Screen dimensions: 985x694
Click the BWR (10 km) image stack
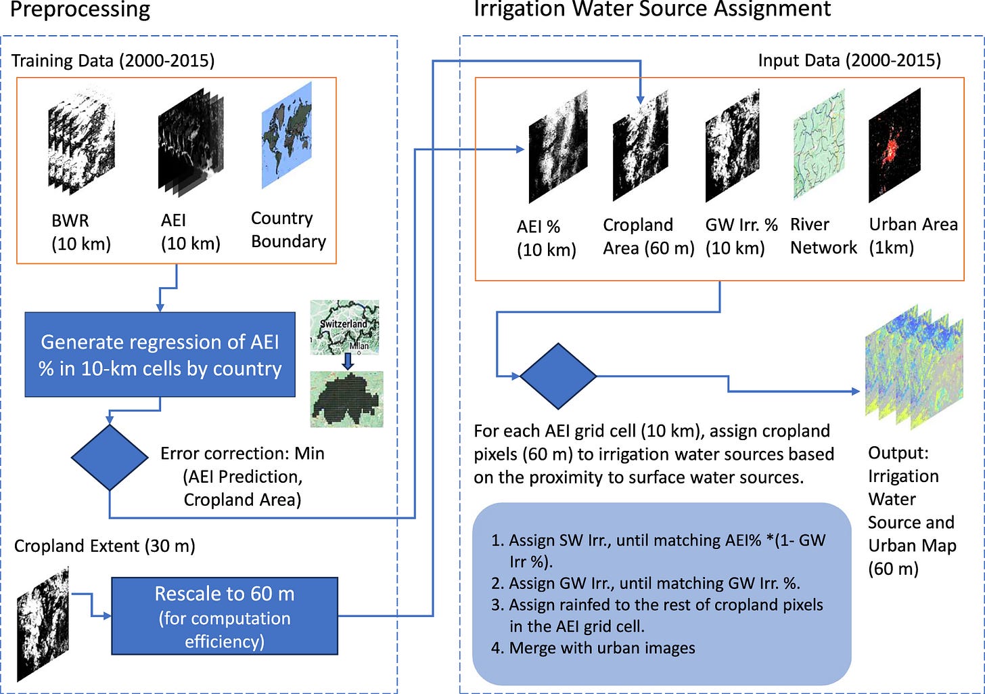(81, 142)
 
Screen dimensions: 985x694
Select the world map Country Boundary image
(287, 135)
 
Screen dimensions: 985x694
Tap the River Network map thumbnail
(819, 144)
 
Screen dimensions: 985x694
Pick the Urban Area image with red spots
(894, 145)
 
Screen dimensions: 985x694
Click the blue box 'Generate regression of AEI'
(160, 355)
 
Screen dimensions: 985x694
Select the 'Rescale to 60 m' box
(225, 616)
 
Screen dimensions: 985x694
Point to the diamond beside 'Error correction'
(110, 457)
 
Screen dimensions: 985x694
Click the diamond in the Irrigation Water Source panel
(558, 376)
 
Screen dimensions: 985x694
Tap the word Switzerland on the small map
(343, 324)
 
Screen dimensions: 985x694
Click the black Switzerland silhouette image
(346, 399)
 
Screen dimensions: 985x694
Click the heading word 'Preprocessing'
(80, 9)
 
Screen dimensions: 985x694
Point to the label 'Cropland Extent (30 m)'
(105, 546)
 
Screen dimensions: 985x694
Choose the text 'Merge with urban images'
(602, 648)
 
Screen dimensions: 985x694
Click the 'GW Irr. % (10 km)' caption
(741, 236)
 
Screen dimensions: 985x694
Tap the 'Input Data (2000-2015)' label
(850, 60)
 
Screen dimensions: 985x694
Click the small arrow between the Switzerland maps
(348, 362)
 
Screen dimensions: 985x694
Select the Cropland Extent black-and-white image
(43, 624)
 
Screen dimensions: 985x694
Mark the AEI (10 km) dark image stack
(191, 142)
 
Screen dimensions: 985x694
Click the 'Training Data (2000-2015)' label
(113, 61)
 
